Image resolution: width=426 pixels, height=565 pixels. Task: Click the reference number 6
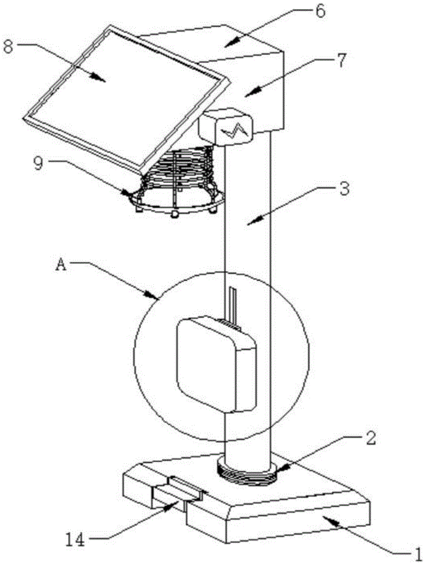tap(320, 11)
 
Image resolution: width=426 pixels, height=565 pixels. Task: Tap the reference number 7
tap(341, 61)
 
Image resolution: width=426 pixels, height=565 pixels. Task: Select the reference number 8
tap(8, 46)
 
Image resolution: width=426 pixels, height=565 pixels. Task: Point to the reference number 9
tap(38, 163)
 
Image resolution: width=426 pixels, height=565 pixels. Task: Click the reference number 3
tap(345, 189)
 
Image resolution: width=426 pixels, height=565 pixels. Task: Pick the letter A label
tap(61, 266)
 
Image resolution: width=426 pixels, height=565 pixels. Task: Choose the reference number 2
tap(371, 438)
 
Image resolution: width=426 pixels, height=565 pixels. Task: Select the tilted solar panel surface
tap(126, 97)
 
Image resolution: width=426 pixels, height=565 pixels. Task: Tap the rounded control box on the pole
tap(217, 364)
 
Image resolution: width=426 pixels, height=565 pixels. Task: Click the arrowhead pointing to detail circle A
tap(154, 295)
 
